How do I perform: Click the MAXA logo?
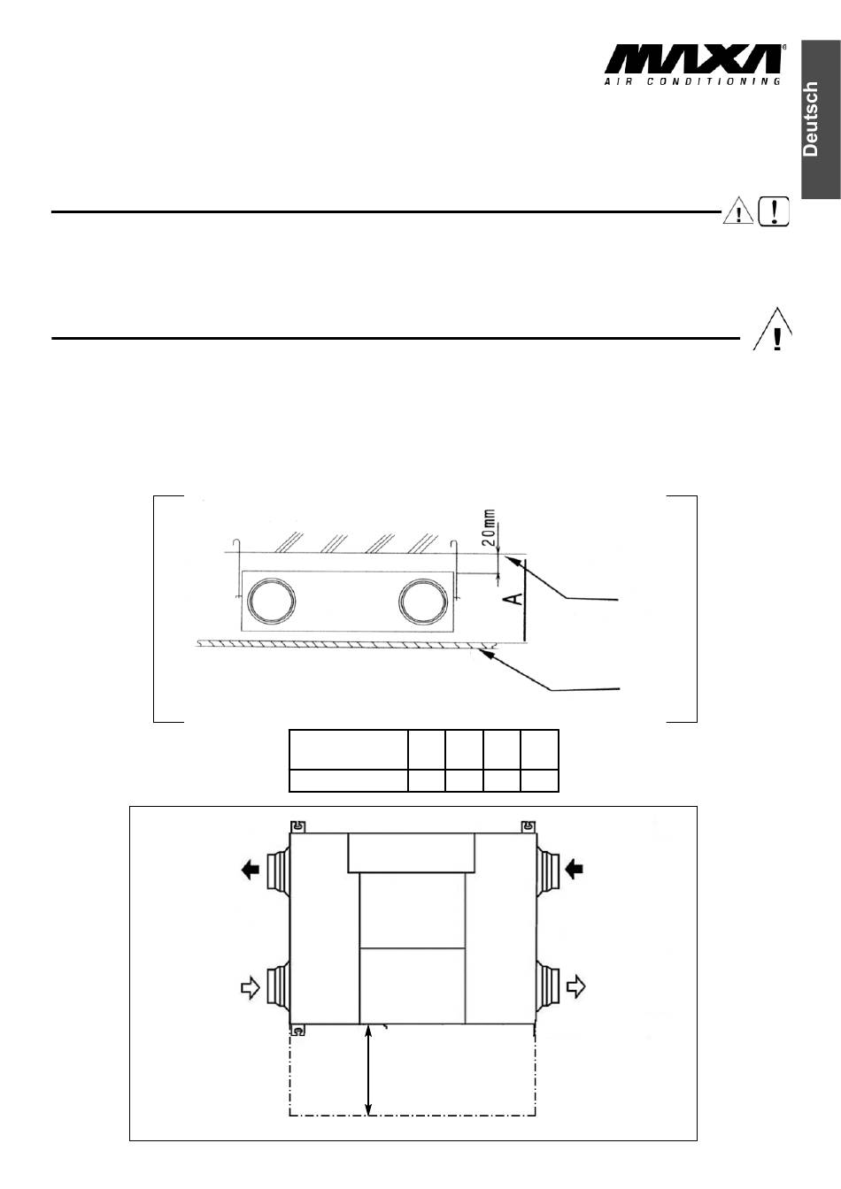tap(694, 59)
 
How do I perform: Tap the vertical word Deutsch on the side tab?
tap(811, 119)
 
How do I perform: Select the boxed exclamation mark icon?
tap(774, 211)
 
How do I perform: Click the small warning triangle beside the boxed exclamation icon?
tap(738, 211)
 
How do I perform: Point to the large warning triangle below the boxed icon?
tap(773, 329)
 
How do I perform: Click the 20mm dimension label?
tap(490, 529)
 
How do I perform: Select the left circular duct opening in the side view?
tap(272, 602)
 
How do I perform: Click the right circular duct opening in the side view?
tap(423, 602)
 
